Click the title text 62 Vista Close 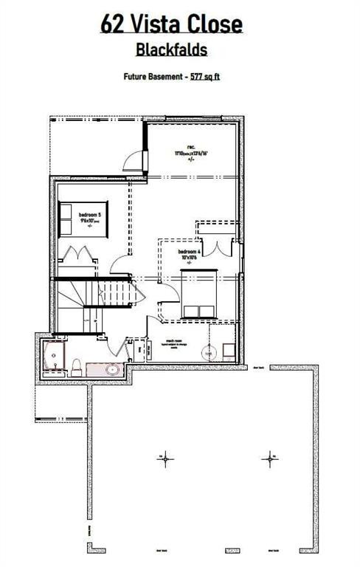pos(171,24)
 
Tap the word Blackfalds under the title pos(171,49)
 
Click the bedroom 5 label pos(89,216)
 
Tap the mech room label pos(174,341)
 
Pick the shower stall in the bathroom pos(53,359)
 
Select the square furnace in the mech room pos(229,352)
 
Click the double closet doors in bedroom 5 pos(77,256)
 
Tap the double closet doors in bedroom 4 pos(215,248)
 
